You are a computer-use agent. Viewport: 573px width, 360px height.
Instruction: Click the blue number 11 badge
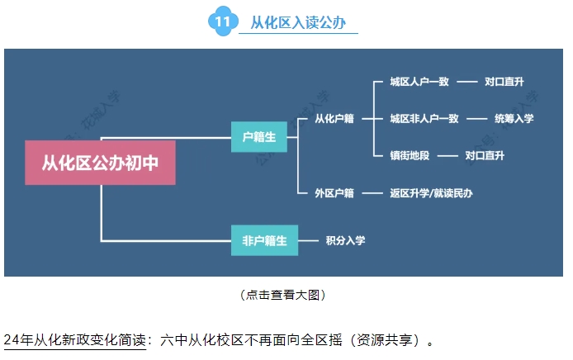coord(222,22)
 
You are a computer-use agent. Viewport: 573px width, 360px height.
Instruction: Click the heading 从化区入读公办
coord(298,22)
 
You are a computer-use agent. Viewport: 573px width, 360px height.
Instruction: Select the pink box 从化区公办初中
coord(100,162)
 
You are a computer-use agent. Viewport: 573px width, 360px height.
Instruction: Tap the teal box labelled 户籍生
coord(258,135)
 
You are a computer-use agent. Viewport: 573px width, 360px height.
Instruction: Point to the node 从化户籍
coord(334,119)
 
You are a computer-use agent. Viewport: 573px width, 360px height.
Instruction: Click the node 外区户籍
coord(334,193)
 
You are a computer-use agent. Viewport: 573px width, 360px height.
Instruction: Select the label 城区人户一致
coord(419,83)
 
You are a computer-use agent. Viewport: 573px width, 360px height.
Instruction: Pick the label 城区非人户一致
coord(424,119)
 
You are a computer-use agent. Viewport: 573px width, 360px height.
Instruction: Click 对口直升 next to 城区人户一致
coord(504,83)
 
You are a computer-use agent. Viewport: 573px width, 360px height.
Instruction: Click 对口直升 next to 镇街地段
coord(485,155)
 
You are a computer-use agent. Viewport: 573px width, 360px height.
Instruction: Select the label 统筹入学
coord(514,119)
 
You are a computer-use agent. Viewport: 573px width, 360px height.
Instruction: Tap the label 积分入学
coord(345,241)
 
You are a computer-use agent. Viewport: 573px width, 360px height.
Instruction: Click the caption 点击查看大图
coord(284,295)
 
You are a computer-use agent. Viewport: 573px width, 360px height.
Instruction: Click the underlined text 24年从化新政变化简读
coord(74,340)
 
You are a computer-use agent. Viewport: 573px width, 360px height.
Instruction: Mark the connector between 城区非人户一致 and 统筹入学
coord(476,119)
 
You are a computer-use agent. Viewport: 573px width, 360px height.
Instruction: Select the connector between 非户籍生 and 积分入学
coord(305,241)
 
